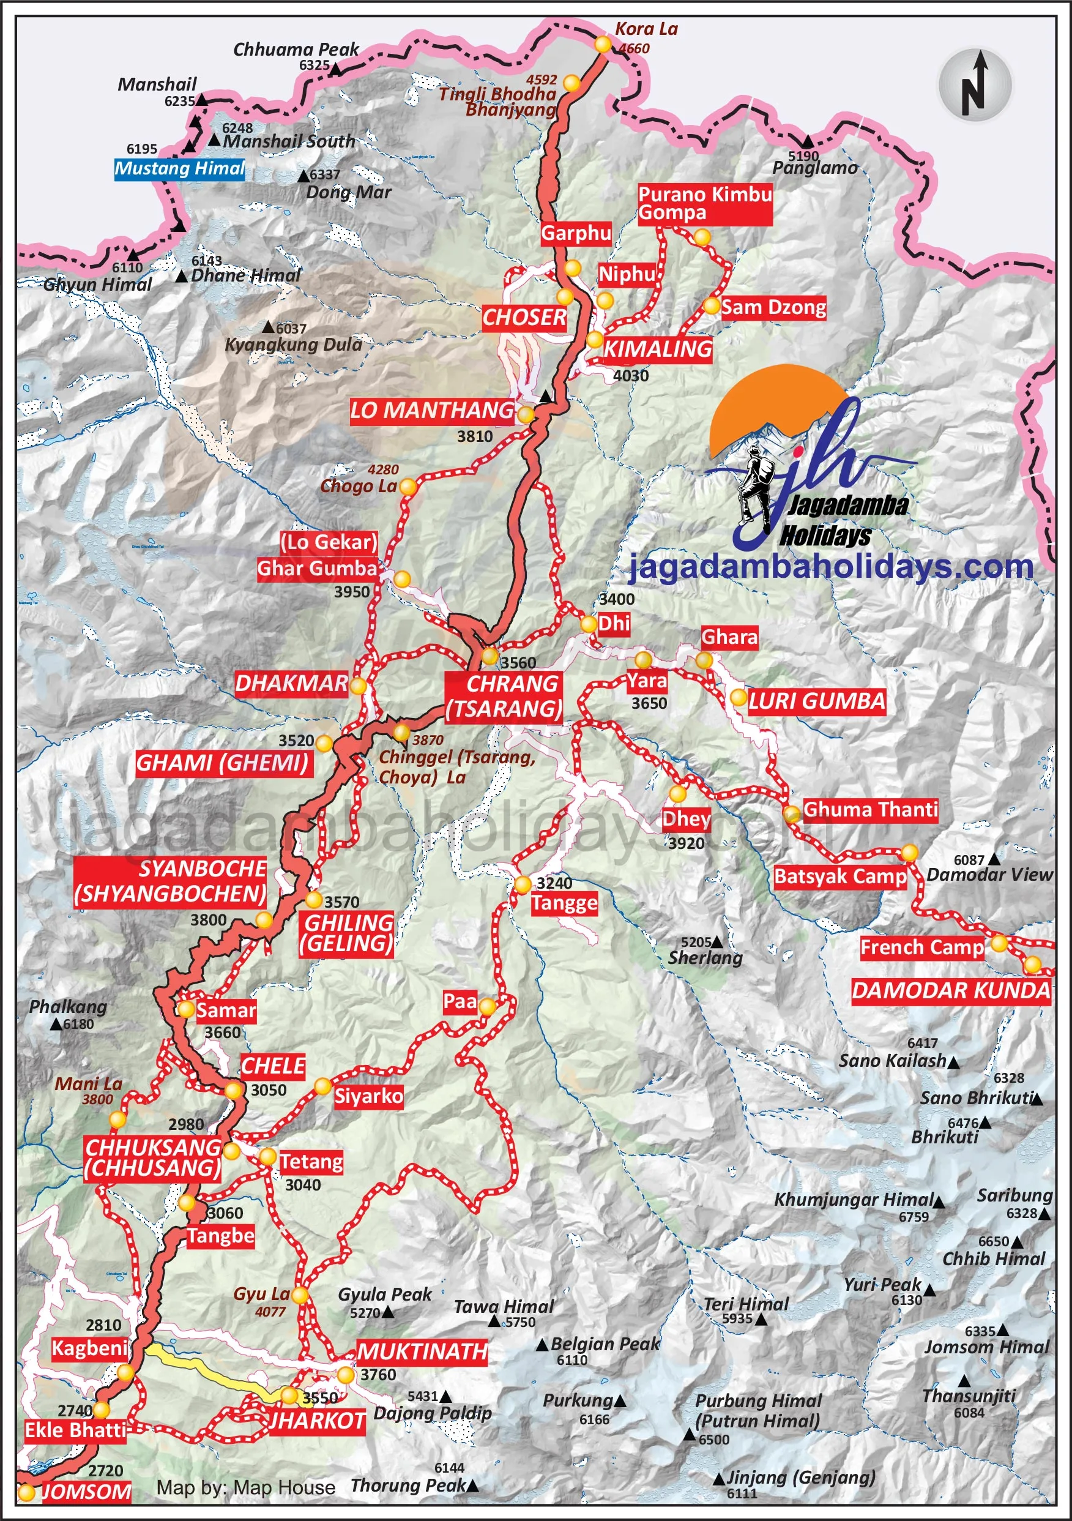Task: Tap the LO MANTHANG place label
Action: [432, 411]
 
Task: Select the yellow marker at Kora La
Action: [603, 45]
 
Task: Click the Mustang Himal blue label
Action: [180, 169]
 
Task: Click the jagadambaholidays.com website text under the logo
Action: [831, 567]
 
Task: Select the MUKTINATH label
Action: [422, 1351]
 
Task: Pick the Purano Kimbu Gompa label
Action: [704, 204]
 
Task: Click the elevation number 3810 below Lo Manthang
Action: [475, 436]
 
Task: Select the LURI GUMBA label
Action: [816, 701]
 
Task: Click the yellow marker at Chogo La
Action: [408, 488]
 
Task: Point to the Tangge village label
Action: [564, 903]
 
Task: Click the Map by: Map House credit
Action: [245, 1487]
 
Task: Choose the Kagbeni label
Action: [89, 1348]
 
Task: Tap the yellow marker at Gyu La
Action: [300, 1295]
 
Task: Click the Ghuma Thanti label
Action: [870, 810]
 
